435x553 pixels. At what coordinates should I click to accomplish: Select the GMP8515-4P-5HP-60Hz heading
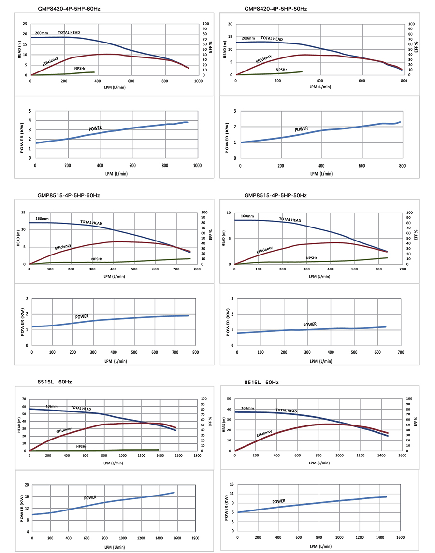(69, 196)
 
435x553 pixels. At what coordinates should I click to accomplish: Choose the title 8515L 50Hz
(261, 382)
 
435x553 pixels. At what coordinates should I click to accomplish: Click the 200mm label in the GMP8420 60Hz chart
(42, 33)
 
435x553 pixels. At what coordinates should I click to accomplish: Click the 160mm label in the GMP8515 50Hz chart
(247, 216)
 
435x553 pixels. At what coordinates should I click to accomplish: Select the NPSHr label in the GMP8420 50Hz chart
(282, 70)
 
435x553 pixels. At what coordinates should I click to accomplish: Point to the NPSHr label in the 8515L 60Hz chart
(82, 446)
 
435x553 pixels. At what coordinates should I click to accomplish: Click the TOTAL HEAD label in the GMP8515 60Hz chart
(91, 223)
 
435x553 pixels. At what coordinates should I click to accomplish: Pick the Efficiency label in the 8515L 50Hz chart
(264, 434)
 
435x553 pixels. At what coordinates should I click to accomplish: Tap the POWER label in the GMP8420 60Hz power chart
(95, 128)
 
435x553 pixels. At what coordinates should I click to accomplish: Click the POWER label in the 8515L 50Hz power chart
(278, 501)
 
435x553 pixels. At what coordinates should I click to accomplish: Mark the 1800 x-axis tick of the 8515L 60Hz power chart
(195, 538)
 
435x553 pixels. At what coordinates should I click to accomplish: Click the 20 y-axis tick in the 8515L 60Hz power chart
(27, 485)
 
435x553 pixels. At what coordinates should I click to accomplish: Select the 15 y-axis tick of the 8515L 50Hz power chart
(232, 484)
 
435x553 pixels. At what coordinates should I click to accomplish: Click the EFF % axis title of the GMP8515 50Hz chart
(416, 235)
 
